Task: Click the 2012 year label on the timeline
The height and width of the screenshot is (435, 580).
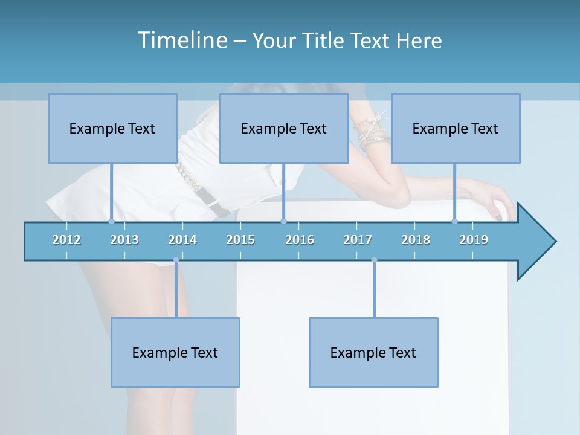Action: (x=66, y=240)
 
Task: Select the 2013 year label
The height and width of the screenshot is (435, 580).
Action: (x=124, y=240)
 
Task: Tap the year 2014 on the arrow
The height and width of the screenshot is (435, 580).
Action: (x=182, y=240)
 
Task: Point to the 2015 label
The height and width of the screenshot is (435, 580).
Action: (x=240, y=240)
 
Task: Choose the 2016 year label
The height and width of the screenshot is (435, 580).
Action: (x=300, y=240)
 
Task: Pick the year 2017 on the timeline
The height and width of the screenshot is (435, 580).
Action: (x=358, y=240)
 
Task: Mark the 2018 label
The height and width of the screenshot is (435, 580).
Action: (x=416, y=240)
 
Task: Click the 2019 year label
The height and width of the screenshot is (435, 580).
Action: (x=474, y=240)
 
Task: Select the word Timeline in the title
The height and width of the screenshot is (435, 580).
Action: (x=182, y=40)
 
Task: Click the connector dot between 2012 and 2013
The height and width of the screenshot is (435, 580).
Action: (x=111, y=221)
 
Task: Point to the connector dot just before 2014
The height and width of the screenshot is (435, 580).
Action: (x=176, y=260)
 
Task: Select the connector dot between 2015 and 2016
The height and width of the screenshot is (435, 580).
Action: (x=283, y=221)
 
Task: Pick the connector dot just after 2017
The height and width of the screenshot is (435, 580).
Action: (x=374, y=260)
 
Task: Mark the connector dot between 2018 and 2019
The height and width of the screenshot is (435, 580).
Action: (x=455, y=221)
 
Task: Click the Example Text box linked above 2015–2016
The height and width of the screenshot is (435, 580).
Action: (x=284, y=128)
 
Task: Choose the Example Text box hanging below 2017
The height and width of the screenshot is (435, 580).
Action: (x=373, y=352)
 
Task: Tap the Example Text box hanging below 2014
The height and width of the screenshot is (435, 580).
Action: (x=175, y=352)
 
